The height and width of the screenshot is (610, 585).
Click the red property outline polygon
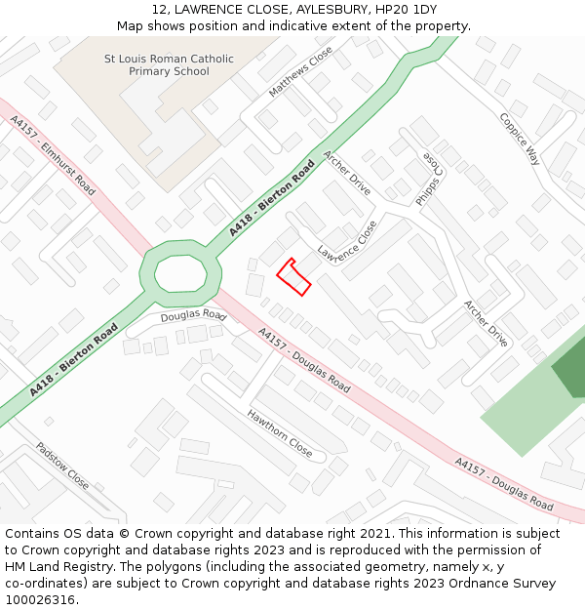point(293,277)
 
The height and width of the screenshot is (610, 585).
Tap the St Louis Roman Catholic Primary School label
point(170,64)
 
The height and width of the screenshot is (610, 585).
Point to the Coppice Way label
point(520,139)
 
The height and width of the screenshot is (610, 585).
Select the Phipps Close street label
point(429,179)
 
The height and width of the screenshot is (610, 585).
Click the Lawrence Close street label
point(347,245)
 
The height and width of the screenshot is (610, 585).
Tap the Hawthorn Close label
point(280,434)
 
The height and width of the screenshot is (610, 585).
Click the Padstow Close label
point(62,467)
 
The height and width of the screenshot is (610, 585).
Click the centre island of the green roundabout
point(179,272)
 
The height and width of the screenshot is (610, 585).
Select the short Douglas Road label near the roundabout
point(193,316)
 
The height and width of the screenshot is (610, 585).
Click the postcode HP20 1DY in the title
point(410,10)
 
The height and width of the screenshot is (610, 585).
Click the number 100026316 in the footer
point(41,600)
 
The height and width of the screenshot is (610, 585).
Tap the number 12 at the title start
point(159,10)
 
